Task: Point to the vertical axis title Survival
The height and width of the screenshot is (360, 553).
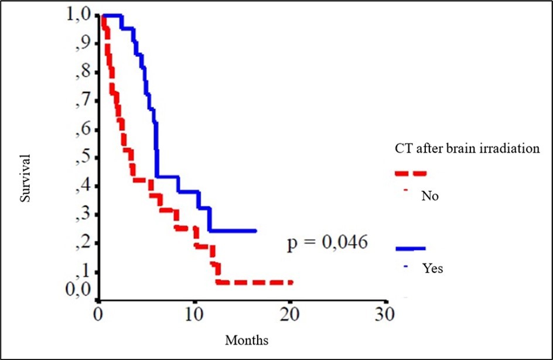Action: click(x=25, y=179)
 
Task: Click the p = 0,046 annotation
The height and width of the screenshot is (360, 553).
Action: click(x=327, y=242)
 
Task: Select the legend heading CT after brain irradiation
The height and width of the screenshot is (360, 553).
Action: click(x=466, y=149)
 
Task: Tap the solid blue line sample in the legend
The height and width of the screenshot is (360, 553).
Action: click(x=411, y=249)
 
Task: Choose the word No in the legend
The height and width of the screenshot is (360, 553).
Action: click(x=430, y=196)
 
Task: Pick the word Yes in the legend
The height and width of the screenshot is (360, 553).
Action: click(x=432, y=269)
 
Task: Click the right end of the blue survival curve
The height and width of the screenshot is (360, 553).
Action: click(x=255, y=231)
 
